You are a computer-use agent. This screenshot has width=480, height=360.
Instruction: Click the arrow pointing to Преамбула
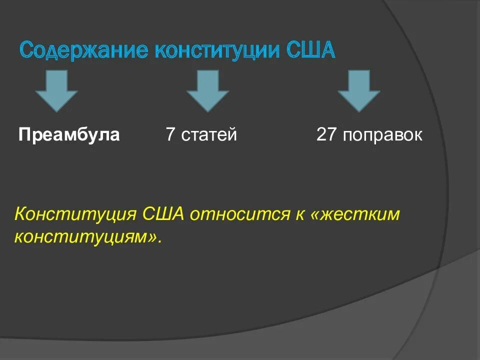[56, 90]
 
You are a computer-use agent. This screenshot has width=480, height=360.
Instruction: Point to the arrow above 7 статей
[207, 90]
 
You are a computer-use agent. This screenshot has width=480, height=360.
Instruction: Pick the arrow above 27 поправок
[359, 90]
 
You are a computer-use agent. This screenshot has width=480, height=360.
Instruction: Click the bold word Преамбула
[69, 134]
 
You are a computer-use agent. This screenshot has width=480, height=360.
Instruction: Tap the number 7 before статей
[170, 134]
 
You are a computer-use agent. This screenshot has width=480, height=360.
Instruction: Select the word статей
[209, 135]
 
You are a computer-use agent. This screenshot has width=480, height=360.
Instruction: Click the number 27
[326, 134]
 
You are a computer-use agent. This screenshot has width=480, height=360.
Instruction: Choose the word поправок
[382, 135]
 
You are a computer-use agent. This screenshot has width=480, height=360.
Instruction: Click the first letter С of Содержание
[26, 51]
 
